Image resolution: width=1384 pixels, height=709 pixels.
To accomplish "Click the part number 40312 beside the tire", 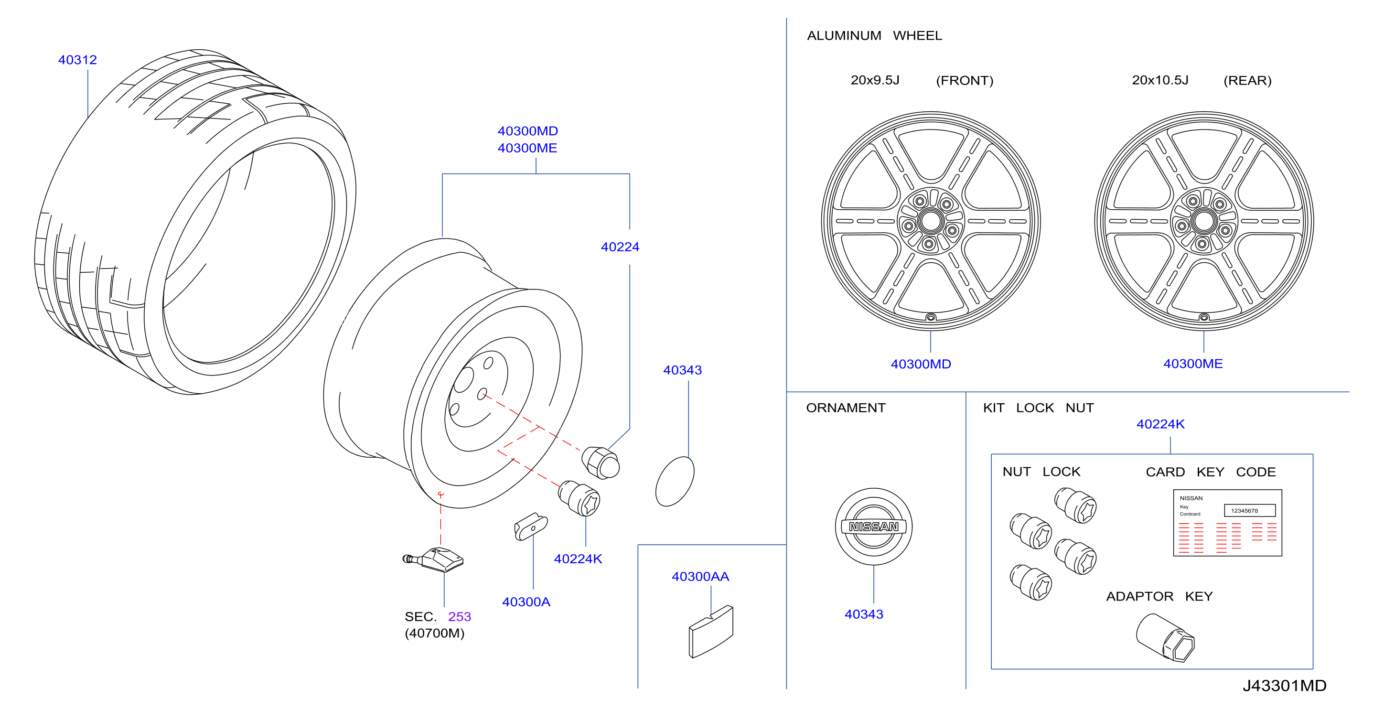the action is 77,60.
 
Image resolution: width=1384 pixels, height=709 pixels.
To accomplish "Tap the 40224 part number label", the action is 620,247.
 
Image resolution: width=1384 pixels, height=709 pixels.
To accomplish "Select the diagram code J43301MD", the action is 1284,686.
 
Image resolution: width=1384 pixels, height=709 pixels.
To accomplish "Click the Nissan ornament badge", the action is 874,526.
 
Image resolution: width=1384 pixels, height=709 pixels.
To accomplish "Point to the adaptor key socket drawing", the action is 1165,637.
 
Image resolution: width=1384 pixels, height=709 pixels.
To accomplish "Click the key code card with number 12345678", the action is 1228,523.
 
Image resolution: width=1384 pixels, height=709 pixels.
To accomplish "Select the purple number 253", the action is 460,617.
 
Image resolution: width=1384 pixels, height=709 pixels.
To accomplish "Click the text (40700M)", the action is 435,633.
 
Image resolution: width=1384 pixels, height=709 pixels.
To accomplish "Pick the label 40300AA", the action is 700,576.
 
